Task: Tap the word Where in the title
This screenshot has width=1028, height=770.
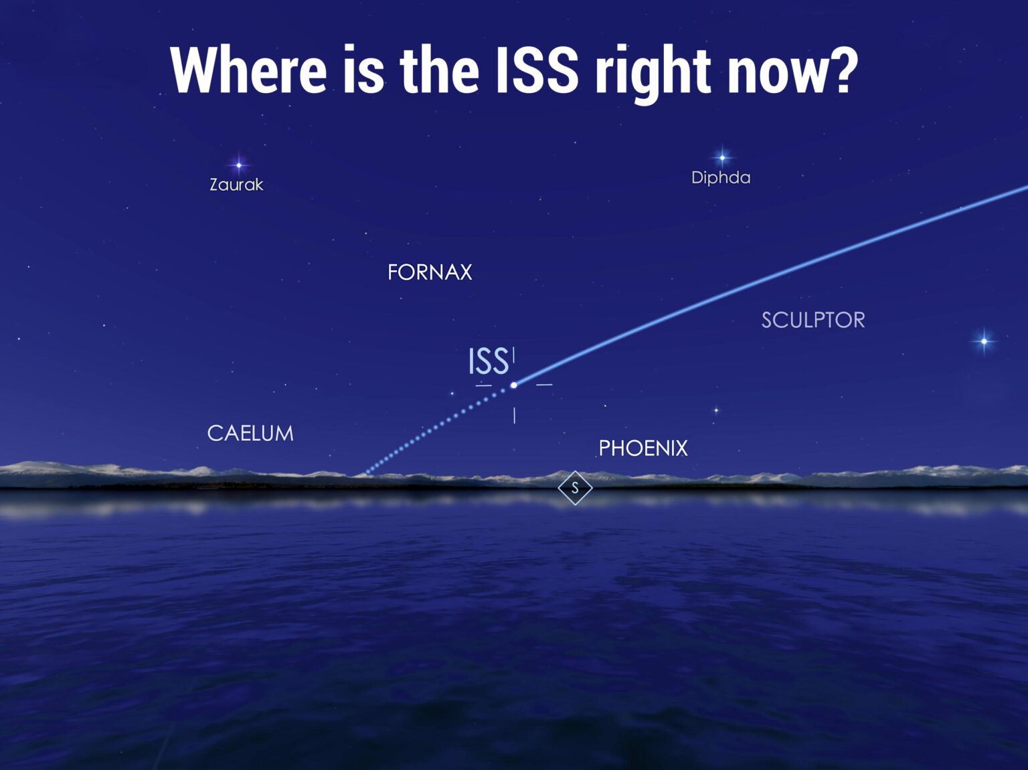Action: (x=248, y=70)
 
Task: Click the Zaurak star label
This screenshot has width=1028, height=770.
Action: (x=236, y=185)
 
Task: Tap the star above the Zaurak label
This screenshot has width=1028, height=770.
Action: (x=238, y=165)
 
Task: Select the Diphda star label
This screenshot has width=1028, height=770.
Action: (x=721, y=177)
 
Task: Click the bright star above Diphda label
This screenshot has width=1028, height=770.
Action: (x=722, y=158)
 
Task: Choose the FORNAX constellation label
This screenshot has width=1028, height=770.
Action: (x=430, y=272)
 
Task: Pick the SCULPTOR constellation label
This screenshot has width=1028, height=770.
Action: (x=813, y=320)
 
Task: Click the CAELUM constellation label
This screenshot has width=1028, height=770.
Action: (x=250, y=434)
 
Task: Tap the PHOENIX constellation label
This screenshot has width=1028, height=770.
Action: (x=643, y=448)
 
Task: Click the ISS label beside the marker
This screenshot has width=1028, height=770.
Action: (x=488, y=362)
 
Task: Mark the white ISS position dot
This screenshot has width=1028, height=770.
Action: (x=514, y=385)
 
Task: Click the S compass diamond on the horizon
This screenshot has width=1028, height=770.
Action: (x=575, y=488)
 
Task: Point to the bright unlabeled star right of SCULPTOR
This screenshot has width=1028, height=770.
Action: (x=984, y=341)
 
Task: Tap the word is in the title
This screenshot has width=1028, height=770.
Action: (x=363, y=70)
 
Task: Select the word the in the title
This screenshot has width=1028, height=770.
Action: (x=439, y=70)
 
